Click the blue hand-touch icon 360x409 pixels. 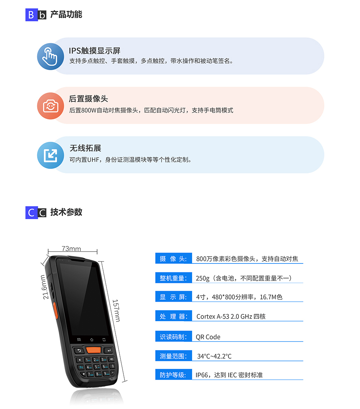50,56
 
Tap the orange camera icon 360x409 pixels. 50,106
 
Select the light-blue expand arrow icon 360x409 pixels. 50,155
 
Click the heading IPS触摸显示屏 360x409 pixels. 94,51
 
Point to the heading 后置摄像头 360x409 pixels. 88,99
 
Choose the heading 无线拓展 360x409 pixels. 85,148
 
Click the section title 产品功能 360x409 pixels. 66,15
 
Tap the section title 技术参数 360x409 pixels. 66,212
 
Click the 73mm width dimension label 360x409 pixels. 71,249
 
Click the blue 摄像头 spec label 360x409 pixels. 173,259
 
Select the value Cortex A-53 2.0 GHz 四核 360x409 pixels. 231,316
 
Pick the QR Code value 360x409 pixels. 208,337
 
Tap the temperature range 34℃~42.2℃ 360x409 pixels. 214,356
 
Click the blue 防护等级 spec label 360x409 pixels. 173,374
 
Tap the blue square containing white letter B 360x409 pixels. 31,15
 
